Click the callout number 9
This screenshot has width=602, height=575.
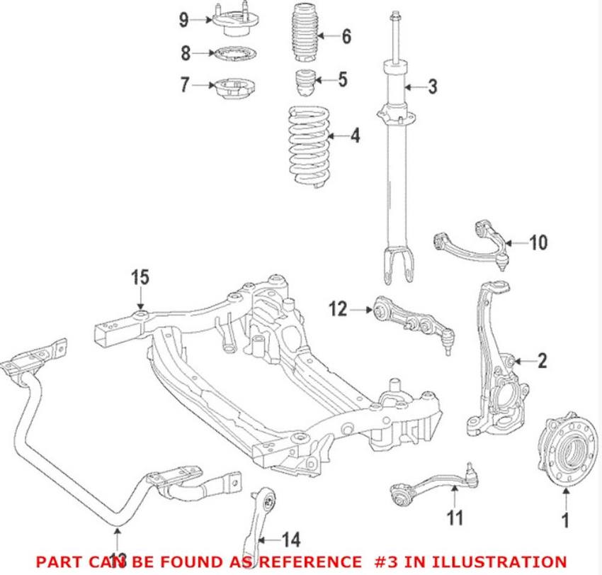tap(183, 19)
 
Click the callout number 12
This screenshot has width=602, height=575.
tap(339, 308)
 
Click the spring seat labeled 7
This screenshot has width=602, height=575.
tap(232, 86)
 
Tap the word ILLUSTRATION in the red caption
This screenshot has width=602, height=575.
tap(498, 560)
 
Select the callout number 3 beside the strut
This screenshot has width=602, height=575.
tap(432, 87)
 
